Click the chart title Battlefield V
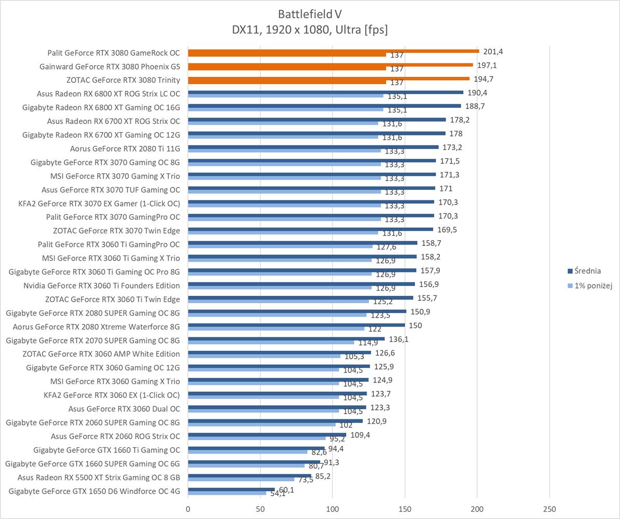click(309, 13)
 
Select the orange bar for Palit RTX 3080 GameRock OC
click(333, 51)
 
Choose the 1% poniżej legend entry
click(593, 286)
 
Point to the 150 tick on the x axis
click(405, 509)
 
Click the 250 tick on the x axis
click(549, 509)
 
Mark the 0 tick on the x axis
click(188, 509)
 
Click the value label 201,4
click(493, 51)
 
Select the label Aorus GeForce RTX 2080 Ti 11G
click(125, 148)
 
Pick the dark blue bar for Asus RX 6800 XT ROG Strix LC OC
click(325, 92)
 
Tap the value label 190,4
click(477, 93)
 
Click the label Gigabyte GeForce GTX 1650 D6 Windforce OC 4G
click(95, 491)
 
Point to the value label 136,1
click(398, 339)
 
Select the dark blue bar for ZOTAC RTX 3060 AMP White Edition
click(279, 352)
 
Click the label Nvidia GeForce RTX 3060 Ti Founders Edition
click(102, 285)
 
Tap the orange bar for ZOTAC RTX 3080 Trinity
click(328, 78)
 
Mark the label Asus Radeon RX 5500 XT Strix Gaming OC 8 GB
click(99, 477)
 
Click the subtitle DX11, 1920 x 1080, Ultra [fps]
click(309, 30)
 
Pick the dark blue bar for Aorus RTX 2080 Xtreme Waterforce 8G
click(296, 325)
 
